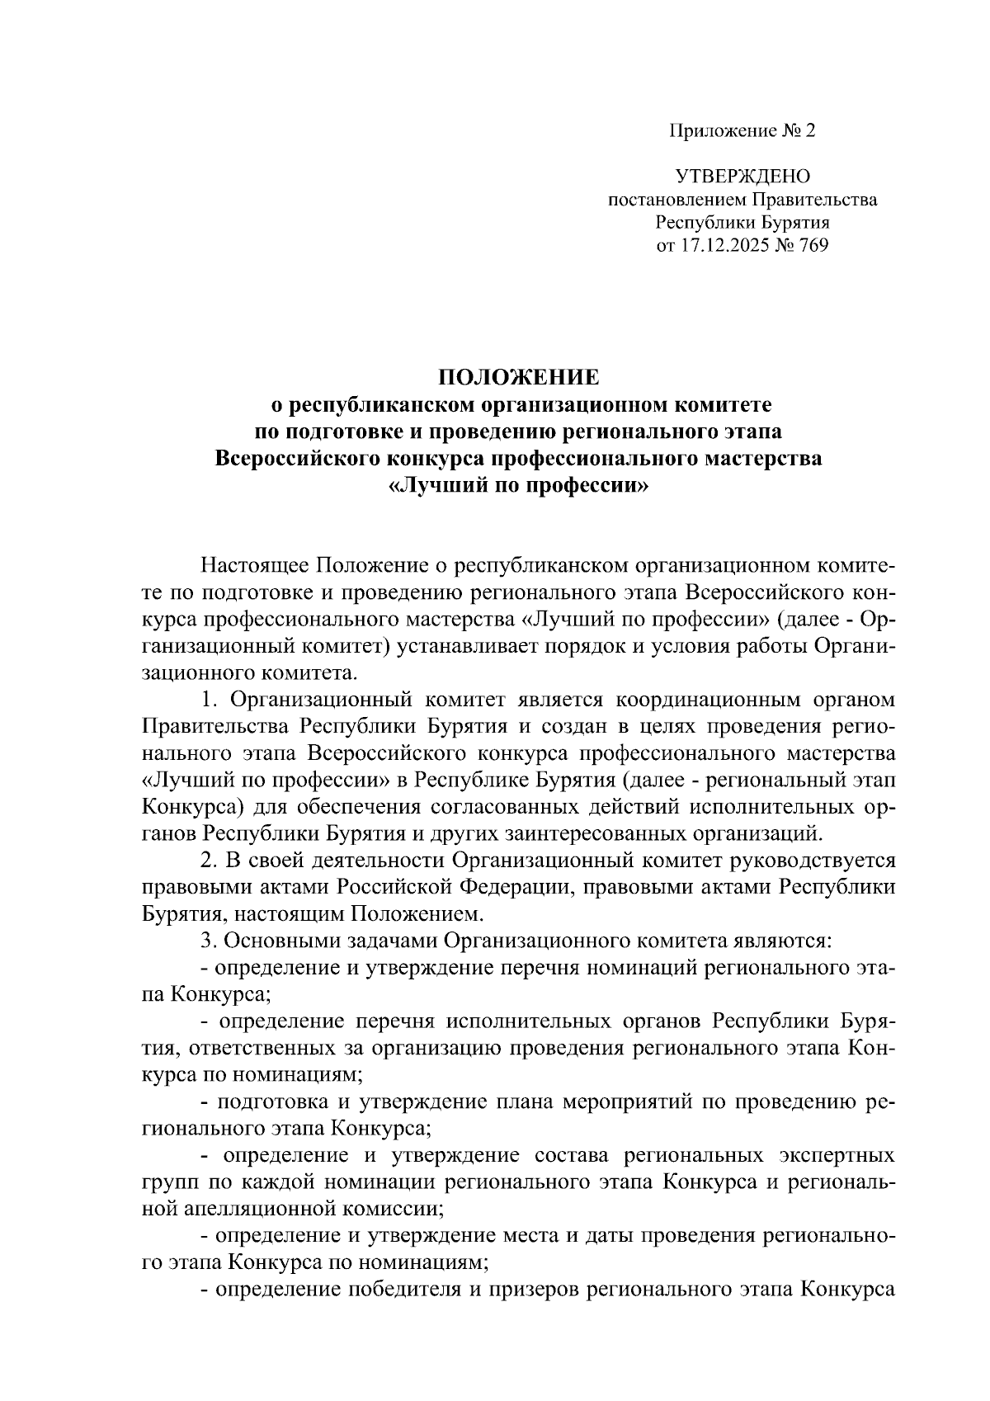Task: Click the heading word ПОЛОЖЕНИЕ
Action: tap(518, 377)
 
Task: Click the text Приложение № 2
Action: tap(741, 130)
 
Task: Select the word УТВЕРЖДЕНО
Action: tap(742, 176)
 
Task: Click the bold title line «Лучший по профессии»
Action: tap(518, 486)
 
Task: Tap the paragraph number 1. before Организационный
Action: tap(209, 700)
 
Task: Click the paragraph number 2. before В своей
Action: tap(210, 860)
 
